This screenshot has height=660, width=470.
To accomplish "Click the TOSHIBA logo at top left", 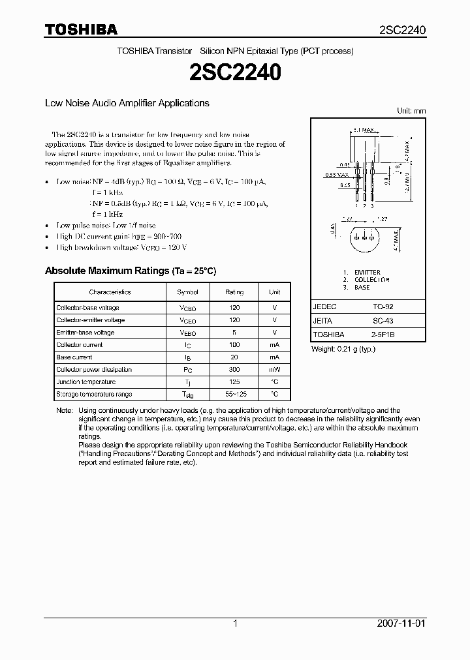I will [x=81, y=29].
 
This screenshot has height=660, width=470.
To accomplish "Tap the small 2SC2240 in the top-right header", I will [x=402, y=30].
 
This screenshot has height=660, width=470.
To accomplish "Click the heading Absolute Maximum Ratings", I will [x=130, y=270].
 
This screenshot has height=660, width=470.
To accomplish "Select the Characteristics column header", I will [x=110, y=292].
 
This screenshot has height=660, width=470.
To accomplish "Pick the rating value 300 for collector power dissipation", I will [x=234, y=370].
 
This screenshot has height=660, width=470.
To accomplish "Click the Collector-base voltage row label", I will [x=87, y=308].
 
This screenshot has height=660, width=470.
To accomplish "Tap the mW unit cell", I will [x=274, y=370].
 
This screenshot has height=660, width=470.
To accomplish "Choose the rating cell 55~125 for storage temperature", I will [x=234, y=395].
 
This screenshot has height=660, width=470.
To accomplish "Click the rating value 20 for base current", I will [x=234, y=357].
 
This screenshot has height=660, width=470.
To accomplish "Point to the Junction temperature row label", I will [x=86, y=382].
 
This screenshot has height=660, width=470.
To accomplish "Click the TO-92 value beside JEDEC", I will [x=383, y=306].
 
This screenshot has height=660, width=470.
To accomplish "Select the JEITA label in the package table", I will [x=322, y=321].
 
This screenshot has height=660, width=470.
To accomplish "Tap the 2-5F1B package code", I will [x=383, y=335].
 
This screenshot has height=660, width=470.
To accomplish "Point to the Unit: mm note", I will [x=411, y=111].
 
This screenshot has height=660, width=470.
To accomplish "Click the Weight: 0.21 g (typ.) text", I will [x=343, y=349].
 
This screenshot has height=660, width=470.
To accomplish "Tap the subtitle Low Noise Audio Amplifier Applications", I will [x=127, y=103].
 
